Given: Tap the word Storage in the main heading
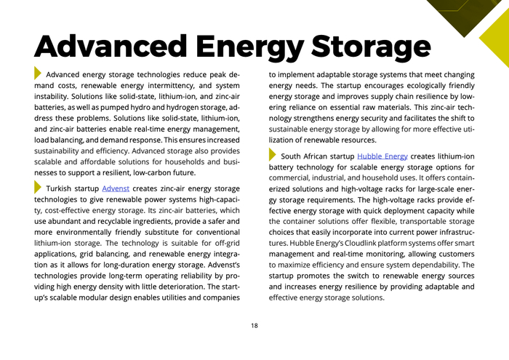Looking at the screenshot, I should [364, 45].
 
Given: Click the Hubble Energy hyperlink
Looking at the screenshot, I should [382, 156].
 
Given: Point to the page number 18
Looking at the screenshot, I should [254, 326].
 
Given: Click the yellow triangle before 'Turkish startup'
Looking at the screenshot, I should [38, 187].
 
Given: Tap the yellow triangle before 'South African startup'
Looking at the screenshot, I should [273, 155].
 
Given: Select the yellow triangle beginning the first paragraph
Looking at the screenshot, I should [38, 73].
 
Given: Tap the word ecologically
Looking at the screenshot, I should [410, 85].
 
